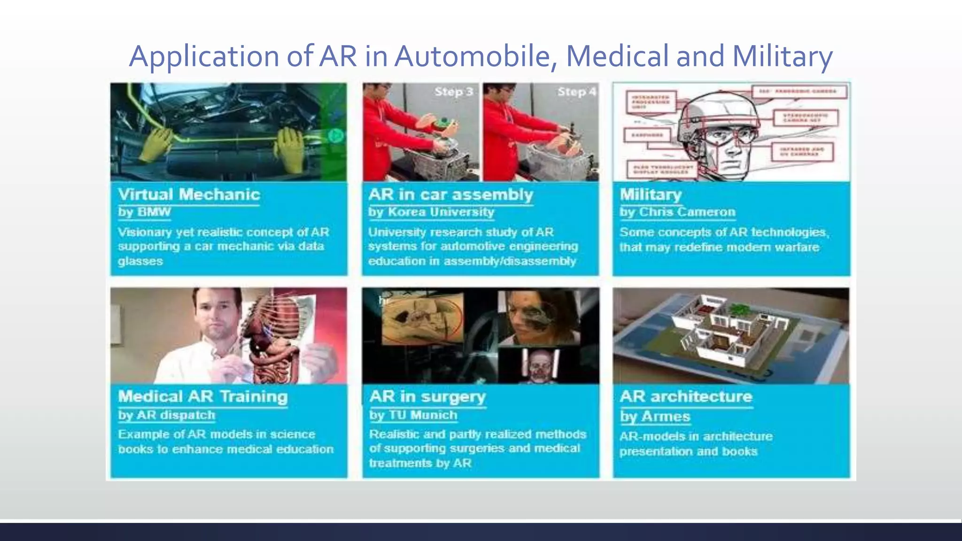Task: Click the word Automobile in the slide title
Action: point(475,56)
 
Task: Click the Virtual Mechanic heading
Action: point(189,194)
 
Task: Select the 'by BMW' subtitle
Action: point(144,212)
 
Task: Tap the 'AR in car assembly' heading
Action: point(450,194)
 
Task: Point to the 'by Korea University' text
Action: point(431,212)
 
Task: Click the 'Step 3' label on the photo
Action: point(453,92)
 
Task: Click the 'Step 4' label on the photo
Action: point(577,92)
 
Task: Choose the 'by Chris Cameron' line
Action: point(677,212)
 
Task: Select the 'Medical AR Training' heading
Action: point(202,397)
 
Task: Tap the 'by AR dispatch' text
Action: point(167,416)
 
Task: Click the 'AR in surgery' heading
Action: point(427,397)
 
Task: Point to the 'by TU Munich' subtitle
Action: point(413,416)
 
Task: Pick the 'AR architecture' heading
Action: point(686,397)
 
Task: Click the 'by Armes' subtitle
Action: point(655,417)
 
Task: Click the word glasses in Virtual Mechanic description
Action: point(140,261)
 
